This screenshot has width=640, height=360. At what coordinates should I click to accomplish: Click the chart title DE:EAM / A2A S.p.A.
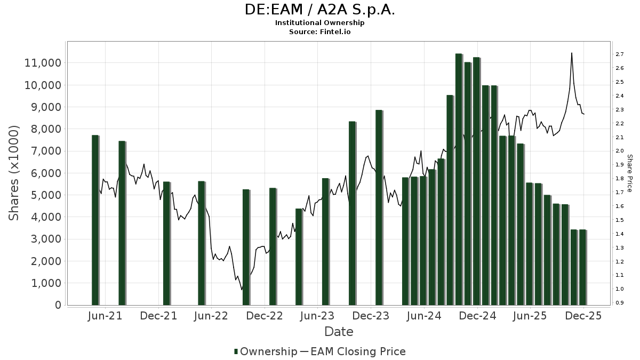click(320, 10)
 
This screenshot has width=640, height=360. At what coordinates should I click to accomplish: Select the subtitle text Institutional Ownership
click(320, 23)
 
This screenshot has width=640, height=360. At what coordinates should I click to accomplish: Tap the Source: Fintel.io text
click(320, 31)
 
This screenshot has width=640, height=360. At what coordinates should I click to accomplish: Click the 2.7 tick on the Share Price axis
click(620, 54)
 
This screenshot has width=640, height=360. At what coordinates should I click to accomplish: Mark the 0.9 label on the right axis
click(620, 303)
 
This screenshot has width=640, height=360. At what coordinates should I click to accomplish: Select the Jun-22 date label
click(211, 316)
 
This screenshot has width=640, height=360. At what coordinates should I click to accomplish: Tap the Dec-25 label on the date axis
click(583, 316)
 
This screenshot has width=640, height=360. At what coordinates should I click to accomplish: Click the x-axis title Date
click(339, 332)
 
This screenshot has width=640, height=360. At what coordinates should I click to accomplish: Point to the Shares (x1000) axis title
click(14, 173)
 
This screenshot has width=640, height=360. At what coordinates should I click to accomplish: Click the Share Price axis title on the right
click(629, 173)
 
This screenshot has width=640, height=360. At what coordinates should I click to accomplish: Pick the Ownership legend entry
click(266, 351)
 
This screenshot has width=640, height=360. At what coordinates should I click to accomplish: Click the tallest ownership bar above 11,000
click(459, 179)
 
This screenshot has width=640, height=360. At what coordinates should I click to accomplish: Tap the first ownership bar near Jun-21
click(95, 220)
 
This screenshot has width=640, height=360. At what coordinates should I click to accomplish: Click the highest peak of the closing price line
click(572, 53)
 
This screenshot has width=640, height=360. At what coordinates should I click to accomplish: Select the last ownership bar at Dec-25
click(582, 267)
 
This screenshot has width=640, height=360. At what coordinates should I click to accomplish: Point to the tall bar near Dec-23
click(379, 207)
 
